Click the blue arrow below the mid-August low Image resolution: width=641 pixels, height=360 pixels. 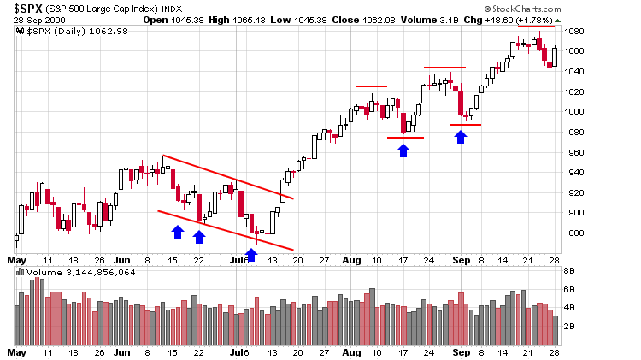click(403, 150)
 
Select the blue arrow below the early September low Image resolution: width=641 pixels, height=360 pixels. click(461, 136)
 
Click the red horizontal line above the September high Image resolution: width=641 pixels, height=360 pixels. click(537, 27)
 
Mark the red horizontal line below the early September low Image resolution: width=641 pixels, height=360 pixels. click(466, 125)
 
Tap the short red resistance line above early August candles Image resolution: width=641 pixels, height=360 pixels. click(372, 86)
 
